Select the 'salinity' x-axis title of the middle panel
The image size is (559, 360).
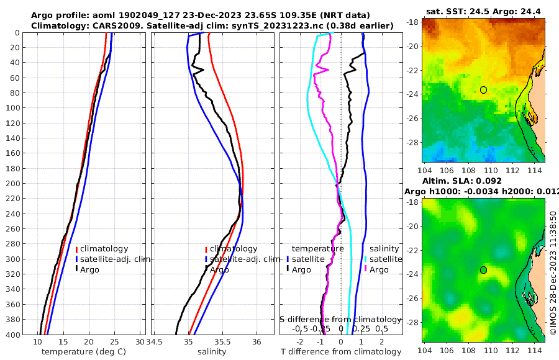[212, 352]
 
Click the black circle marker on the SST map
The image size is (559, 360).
[483, 90]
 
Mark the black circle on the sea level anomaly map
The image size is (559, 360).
[483, 270]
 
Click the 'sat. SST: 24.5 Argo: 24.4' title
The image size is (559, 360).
[483, 11]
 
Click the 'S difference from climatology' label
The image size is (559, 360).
[341, 319]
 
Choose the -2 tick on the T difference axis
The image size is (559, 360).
[301, 342]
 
